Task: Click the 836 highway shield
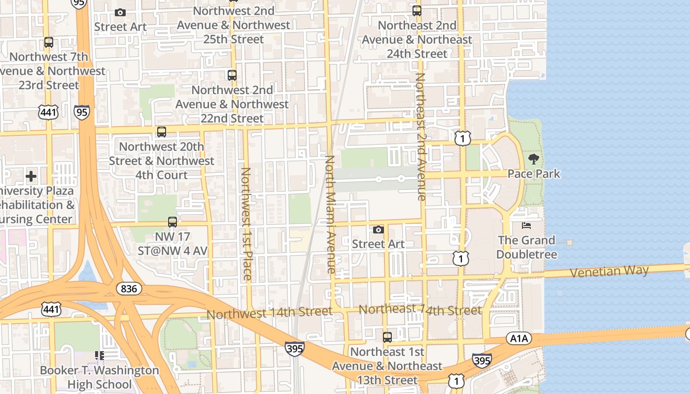pyautogui.click(x=129, y=288)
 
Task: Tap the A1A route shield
pyautogui.click(x=518, y=338)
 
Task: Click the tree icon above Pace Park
pyautogui.click(x=533, y=159)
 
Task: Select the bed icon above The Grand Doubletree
pyautogui.click(x=526, y=226)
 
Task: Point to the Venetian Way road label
pyautogui.click(x=609, y=271)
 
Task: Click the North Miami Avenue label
pyautogui.click(x=330, y=215)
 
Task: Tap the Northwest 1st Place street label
pyautogui.click(x=246, y=224)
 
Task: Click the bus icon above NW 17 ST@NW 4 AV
pyautogui.click(x=172, y=222)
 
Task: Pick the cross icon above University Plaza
pyautogui.click(x=31, y=176)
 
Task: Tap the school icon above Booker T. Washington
pyautogui.click(x=100, y=356)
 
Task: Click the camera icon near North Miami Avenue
pyautogui.click(x=378, y=230)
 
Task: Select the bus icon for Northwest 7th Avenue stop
pyautogui.click(x=48, y=42)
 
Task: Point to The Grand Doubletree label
pyautogui.click(x=526, y=247)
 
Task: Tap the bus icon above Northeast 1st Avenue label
pyautogui.click(x=387, y=337)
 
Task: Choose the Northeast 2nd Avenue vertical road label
pyautogui.click(x=420, y=137)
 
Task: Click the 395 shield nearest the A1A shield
pyautogui.click(x=482, y=361)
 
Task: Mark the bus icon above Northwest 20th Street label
pyautogui.click(x=162, y=132)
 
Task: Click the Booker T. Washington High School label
pyautogui.click(x=100, y=377)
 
